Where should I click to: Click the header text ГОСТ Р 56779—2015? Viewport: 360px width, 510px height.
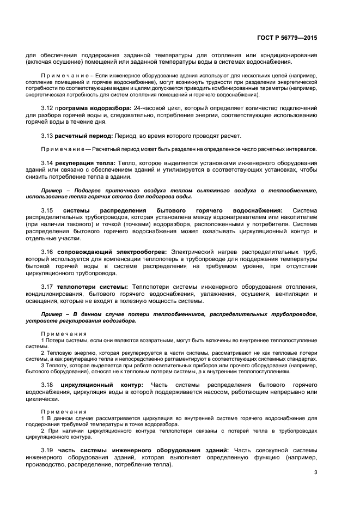click(286, 38)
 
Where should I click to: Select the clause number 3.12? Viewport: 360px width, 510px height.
click(47, 107)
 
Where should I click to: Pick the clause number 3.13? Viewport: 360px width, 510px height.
click(47, 136)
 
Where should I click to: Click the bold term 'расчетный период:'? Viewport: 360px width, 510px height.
click(84, 136)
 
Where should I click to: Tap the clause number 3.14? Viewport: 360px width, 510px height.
click(47, 163)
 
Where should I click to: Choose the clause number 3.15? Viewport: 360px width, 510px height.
click(47, 210)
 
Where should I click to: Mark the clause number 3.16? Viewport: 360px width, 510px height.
click(47, 252)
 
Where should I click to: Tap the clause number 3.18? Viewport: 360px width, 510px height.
click(47, 385)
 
